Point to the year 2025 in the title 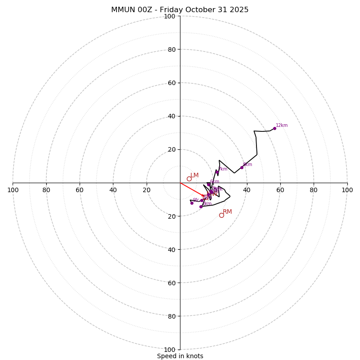[238, 10]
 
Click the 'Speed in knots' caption [180, 356]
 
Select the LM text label [194, 175]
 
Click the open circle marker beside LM [189, 179]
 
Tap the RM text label [227, 212]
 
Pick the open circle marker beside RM [221, 215]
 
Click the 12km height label [282, 126]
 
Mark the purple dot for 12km [274, 128]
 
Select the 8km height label [247, 165]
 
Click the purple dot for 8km [242, 167]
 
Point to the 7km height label [223, 169]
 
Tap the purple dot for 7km [216, 172]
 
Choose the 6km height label [215, 182]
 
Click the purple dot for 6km [208, 184]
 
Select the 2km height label [207, 204]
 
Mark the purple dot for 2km [201, 207]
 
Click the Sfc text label [196, 200]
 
